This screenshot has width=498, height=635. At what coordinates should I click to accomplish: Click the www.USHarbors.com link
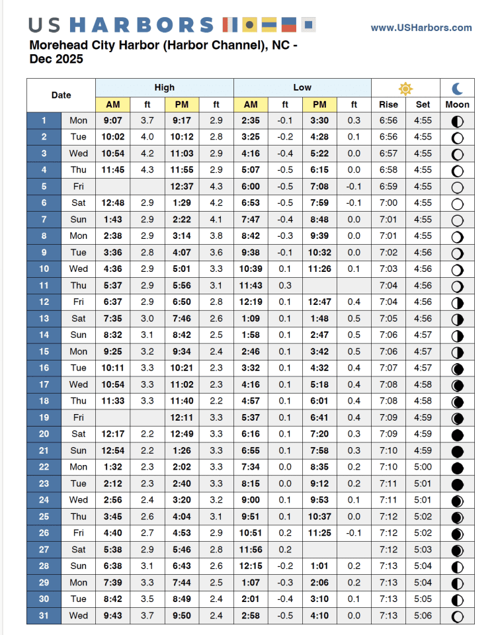pos(421,28)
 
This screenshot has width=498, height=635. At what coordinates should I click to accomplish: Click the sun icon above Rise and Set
pos(405,88)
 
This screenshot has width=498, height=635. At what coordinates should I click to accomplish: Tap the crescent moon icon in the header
pos(458,88)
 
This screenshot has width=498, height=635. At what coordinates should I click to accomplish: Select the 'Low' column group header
pos(302,87)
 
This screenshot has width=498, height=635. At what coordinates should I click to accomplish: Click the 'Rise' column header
pos(388,105)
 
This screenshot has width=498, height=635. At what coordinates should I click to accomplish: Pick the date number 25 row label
pos(44,517)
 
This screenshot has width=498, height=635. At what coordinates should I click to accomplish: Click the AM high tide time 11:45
pos(112,170)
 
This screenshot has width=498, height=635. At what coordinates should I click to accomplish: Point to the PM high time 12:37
pos(182,187)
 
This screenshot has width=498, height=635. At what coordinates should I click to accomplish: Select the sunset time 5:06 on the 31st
pos(423,616)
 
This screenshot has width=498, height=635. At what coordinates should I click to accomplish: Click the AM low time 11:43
pos(251,286)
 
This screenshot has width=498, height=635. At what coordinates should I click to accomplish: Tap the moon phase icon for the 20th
pos(457,435)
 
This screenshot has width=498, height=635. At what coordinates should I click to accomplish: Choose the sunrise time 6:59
pos(388,187)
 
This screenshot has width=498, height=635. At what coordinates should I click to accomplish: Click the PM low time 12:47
pos(319,302)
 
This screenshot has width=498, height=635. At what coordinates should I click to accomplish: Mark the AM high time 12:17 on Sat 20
pos(112,434)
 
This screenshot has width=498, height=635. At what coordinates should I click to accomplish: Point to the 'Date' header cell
pos(61,95)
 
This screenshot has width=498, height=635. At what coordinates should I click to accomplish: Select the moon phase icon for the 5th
pos(457,187)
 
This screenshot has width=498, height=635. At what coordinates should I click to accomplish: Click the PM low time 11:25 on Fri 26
pos(319,533)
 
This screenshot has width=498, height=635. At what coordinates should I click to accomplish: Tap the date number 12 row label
pos(44,302)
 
